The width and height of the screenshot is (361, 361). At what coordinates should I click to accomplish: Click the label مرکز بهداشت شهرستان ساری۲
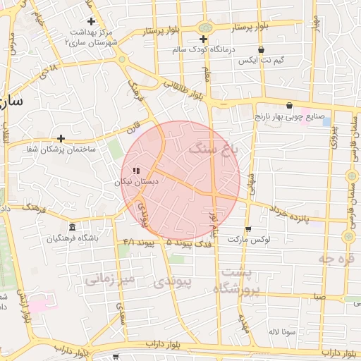[x=91, y=37]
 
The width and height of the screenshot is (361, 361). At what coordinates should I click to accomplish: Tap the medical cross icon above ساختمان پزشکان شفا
[x=61, y=138]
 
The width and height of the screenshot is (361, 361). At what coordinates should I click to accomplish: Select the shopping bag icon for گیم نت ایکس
[x=262, y=50]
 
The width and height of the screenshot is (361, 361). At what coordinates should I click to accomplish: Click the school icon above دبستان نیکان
[x=136, y=171]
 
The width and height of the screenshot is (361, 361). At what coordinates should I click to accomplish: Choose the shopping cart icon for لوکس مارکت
[x=248, y=229]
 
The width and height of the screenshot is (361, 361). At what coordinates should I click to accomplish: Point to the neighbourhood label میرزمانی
[x=109, y=280]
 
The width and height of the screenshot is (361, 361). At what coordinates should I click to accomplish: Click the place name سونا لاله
[x=281, y=331]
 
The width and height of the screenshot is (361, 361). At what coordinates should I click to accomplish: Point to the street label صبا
[x=320, y=297]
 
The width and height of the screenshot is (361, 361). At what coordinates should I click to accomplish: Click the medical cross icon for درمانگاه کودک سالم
[x=204, y=39]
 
